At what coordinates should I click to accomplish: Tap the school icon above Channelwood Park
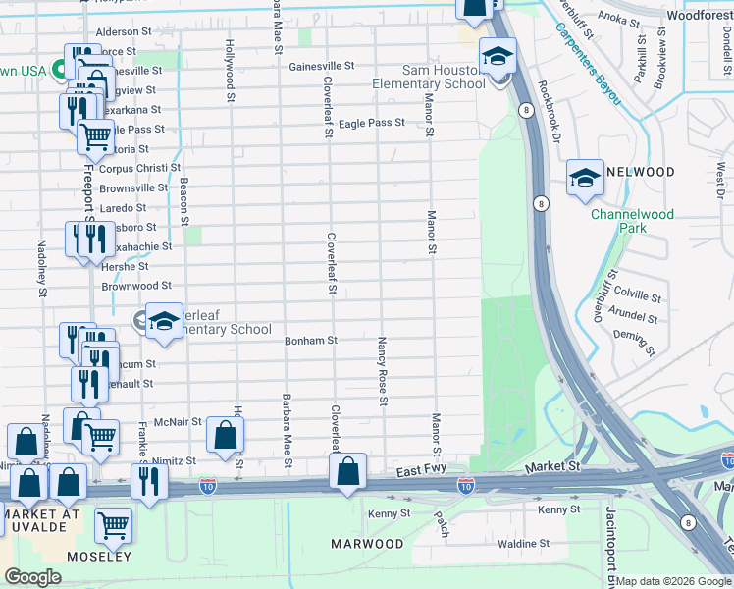(585, 178)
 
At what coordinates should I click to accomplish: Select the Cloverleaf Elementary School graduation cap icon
(165, 322)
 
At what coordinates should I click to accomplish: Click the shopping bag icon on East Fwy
(348, 472)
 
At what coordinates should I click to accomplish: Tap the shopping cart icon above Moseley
(114, 525)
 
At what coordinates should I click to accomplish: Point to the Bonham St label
(311, 341)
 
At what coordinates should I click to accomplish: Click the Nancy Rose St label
(382, 371)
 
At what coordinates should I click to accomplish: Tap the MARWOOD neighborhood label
(367, 544)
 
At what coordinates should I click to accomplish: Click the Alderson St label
(123, 31)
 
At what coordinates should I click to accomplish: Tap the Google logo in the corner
(32, 577)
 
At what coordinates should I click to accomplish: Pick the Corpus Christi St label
(133, 169)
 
